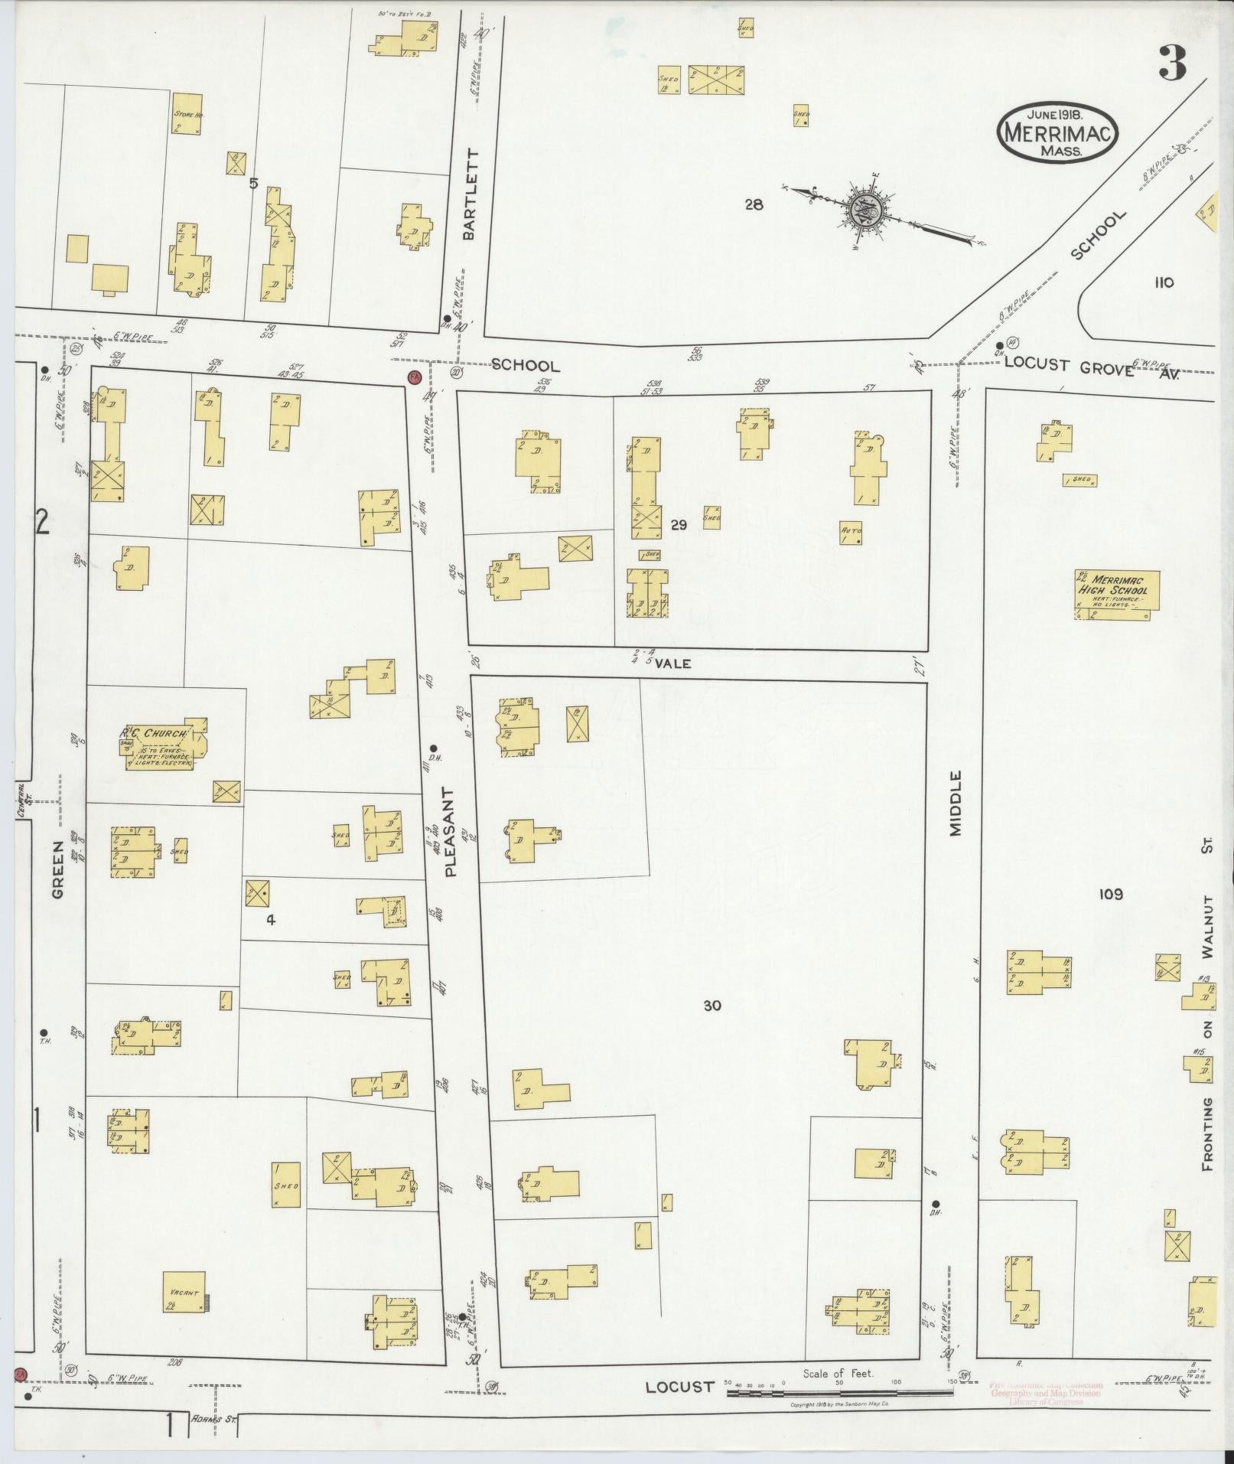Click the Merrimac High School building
tap(1116, 595)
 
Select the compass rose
tap(865, 207)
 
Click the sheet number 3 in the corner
tap(1171, 64)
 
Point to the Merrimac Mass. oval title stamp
tap(1058, 132)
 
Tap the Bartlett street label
tap(469, 194)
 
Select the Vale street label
tap(672, 664)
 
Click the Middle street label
tap(955, 804)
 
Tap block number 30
tap(711, 1006)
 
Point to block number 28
tap(754, 204)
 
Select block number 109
tap(1110, 894)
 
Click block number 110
tap(1164, 282)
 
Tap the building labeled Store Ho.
tap(187, 114)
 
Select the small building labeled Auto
tap(851, 533)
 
